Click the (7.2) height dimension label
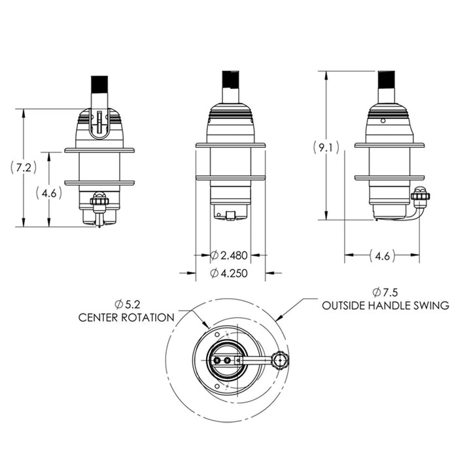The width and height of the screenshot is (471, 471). click(24, 167)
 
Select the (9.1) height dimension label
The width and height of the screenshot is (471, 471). click(326, 148)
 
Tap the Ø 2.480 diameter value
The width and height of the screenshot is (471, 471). click(229, 256)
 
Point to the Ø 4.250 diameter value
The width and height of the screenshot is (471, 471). click(229, 273)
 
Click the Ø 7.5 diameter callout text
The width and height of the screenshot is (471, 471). click(385, 292)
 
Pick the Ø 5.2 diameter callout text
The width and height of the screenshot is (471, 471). click(128, 305)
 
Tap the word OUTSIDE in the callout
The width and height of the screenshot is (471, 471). click(343, 305)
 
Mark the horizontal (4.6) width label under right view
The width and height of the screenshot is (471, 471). click(382, 256)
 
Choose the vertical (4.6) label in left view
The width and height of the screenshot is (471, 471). click(49, 193)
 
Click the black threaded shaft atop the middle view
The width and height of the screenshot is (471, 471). click(230, 80)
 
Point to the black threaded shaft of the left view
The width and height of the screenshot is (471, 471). click(99, 84)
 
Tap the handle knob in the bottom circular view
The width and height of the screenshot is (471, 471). click(280, 360)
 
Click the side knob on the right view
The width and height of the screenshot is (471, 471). click(420, 196)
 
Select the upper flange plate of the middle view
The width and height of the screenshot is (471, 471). click(230, 145)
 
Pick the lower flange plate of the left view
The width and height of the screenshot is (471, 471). click(99, 183)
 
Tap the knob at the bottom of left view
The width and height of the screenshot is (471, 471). click(99, 200)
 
